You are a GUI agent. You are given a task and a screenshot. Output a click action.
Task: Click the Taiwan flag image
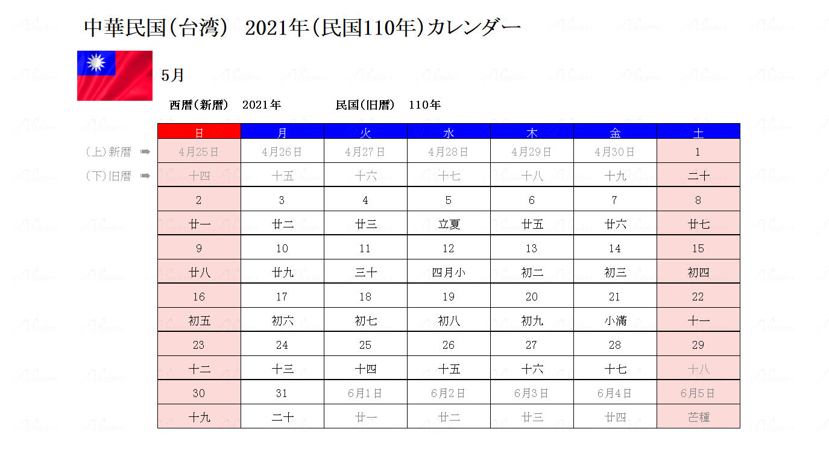(x=115, y=75)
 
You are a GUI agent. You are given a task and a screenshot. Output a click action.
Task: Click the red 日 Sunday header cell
(x=199, y=132)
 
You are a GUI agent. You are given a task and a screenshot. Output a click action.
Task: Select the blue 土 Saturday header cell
(x=698, y=132)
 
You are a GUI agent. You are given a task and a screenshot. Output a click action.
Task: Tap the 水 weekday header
(x=449, y=132)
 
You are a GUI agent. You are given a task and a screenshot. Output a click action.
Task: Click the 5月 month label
(x=172, y=75)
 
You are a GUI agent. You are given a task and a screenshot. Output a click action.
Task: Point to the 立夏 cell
(x=449, y=224)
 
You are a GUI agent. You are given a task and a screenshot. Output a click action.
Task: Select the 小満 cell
(x=615, y=320)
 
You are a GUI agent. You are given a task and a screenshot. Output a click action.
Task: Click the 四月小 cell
(x=449, y=272)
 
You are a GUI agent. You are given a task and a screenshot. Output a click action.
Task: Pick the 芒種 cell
(x=698, y=417)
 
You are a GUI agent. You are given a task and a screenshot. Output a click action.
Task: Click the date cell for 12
(x=449, y=248)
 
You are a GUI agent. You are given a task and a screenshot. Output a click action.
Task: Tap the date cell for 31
(x=282, y=393)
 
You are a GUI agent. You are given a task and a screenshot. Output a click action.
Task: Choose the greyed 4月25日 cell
(x=199, y=152)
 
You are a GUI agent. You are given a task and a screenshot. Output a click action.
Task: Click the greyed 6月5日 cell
(x=698, y=393)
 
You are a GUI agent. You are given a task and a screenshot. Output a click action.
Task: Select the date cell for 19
(x=449, y=296)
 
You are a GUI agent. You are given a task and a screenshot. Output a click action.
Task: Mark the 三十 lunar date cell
(x=365, y=272)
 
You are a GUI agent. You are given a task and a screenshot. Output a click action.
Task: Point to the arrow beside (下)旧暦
(x=145, y=176)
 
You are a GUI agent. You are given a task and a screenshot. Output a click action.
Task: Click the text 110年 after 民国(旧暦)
(x=424, y=105)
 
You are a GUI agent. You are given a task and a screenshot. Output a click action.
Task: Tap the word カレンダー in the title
(x=473, y=28)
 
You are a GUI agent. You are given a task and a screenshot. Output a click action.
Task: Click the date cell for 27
(x=531, y=345)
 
